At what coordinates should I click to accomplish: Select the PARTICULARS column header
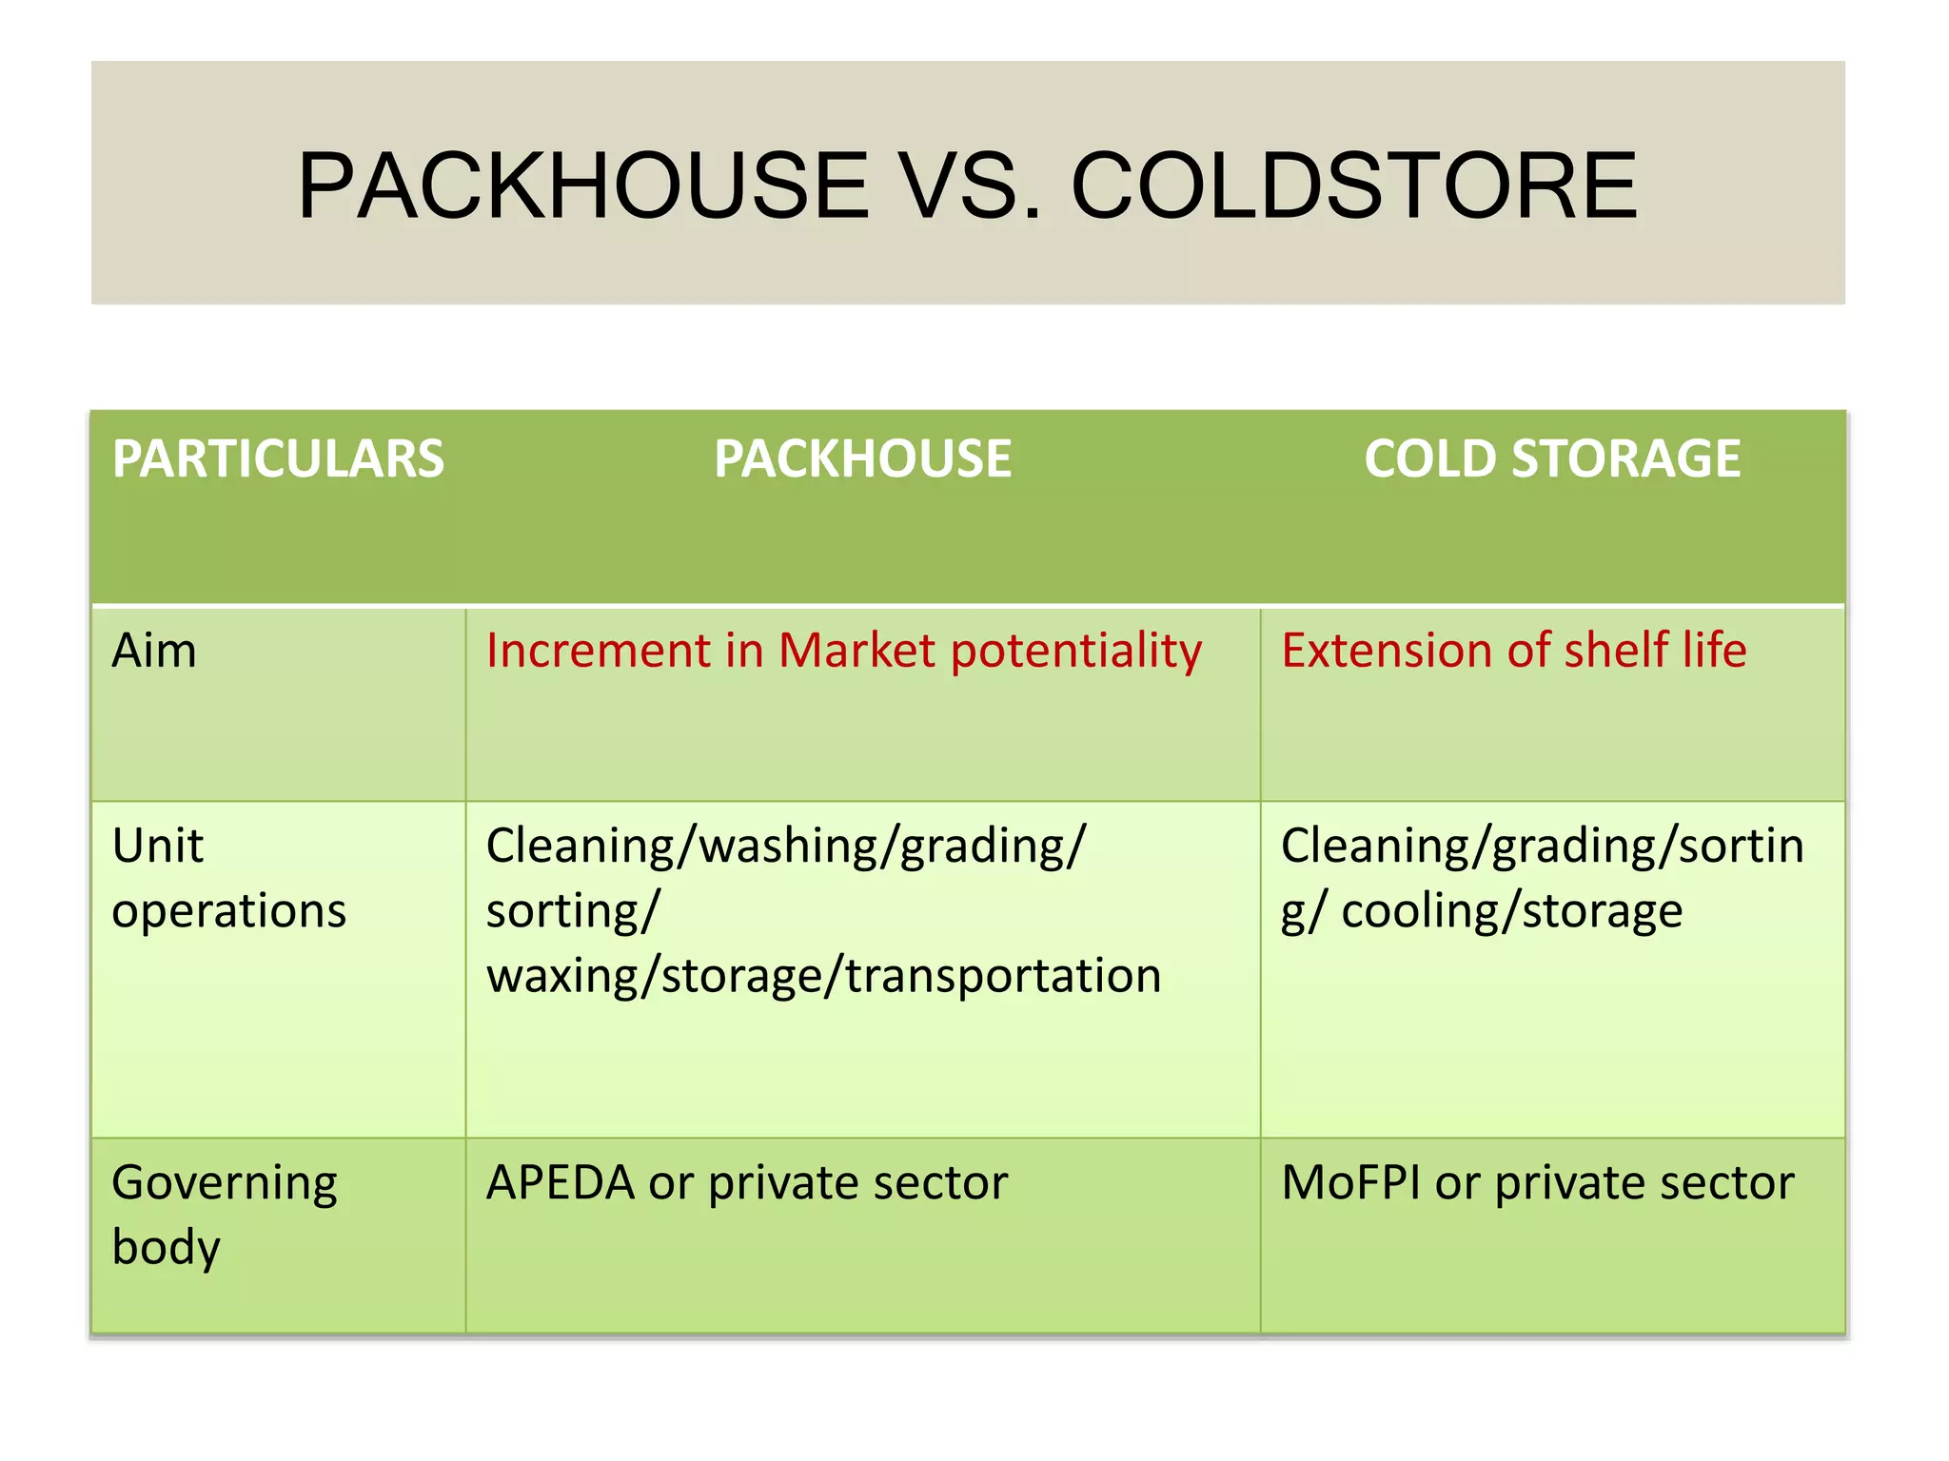click(x=278, y=458)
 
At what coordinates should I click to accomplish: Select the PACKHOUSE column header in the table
click(x=862, y=458)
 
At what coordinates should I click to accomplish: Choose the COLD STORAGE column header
click(x=1551, y=458)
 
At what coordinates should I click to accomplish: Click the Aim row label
click(x=154, y=652)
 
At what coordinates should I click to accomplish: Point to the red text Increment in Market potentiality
click(x=843, y=652)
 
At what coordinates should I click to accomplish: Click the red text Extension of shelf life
click(x=1513, y=652)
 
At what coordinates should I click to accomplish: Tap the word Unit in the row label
click(x=158, y=846)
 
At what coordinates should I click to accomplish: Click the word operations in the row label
click(x=228, y=911)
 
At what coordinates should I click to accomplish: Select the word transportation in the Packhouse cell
click(x=1003, y=977)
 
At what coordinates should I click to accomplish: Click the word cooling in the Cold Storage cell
click(x=1418, y=911)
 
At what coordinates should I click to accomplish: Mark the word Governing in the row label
click(x=225, y=1184)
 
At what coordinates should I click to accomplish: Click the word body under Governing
click(x=166, y=1247)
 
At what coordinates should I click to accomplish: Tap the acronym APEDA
click(x=560, y=1184)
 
